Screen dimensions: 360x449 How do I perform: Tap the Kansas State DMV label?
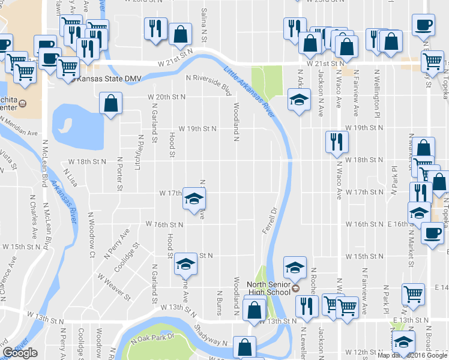coord(106,78)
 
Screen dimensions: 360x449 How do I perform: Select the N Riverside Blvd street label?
coord(208,85)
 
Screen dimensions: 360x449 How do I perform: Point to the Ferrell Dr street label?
coord(268,220)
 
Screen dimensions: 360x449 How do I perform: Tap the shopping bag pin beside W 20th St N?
coord(111,104)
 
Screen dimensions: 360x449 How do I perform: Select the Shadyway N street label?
coord(209,337)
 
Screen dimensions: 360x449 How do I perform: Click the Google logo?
coord(20,353)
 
